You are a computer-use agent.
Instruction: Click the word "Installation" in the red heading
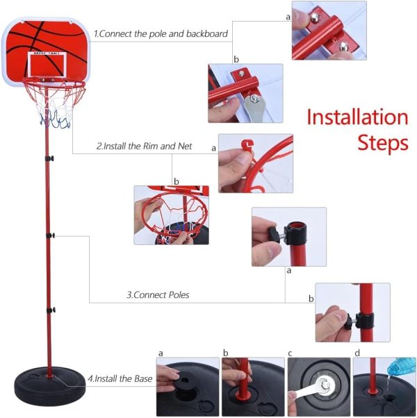click(x=357, y=117)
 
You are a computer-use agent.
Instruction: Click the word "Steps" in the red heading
click(x=383, y=142)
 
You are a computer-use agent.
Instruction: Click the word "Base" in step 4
click(x=144, y=378)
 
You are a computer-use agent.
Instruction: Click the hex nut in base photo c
click(x=325, y=385)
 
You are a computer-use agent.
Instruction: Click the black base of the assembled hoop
click(x=50, y=382)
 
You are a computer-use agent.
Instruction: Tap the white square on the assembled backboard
click(x=47, y=65)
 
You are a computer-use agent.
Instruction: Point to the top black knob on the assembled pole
click(x=49, y=158)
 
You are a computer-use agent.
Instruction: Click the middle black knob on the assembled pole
click(x=51, y=235)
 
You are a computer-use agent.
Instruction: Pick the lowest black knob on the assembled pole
click(x=51, y=310)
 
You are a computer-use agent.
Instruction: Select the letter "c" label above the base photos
click(x=290, y=353)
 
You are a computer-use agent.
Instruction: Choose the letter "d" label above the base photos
click(x=357, y=353)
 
